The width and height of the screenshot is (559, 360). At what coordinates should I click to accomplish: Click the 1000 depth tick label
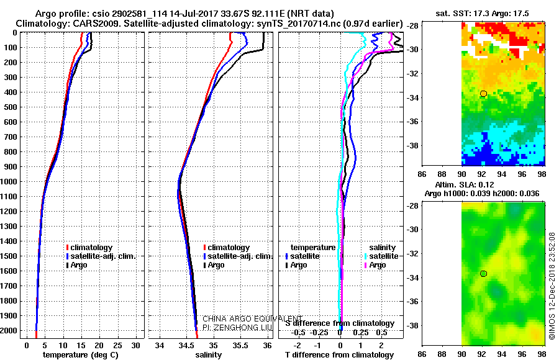pyautogui.click(x=10, y=181)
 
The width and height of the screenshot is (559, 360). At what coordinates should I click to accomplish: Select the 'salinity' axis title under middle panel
pyautogui.click(x=209, y=355)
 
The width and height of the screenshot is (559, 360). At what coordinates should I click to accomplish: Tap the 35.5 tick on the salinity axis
pyautogui.click(x=240, y=344)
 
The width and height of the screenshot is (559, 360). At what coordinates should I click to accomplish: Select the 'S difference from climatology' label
pyautogui.click(x=339, y=323)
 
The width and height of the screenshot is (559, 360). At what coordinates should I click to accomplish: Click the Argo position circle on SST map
pyautogui.click(x=483, y=94)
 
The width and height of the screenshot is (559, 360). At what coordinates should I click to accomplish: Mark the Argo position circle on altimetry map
pyautogui.click(x=483, y=274)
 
